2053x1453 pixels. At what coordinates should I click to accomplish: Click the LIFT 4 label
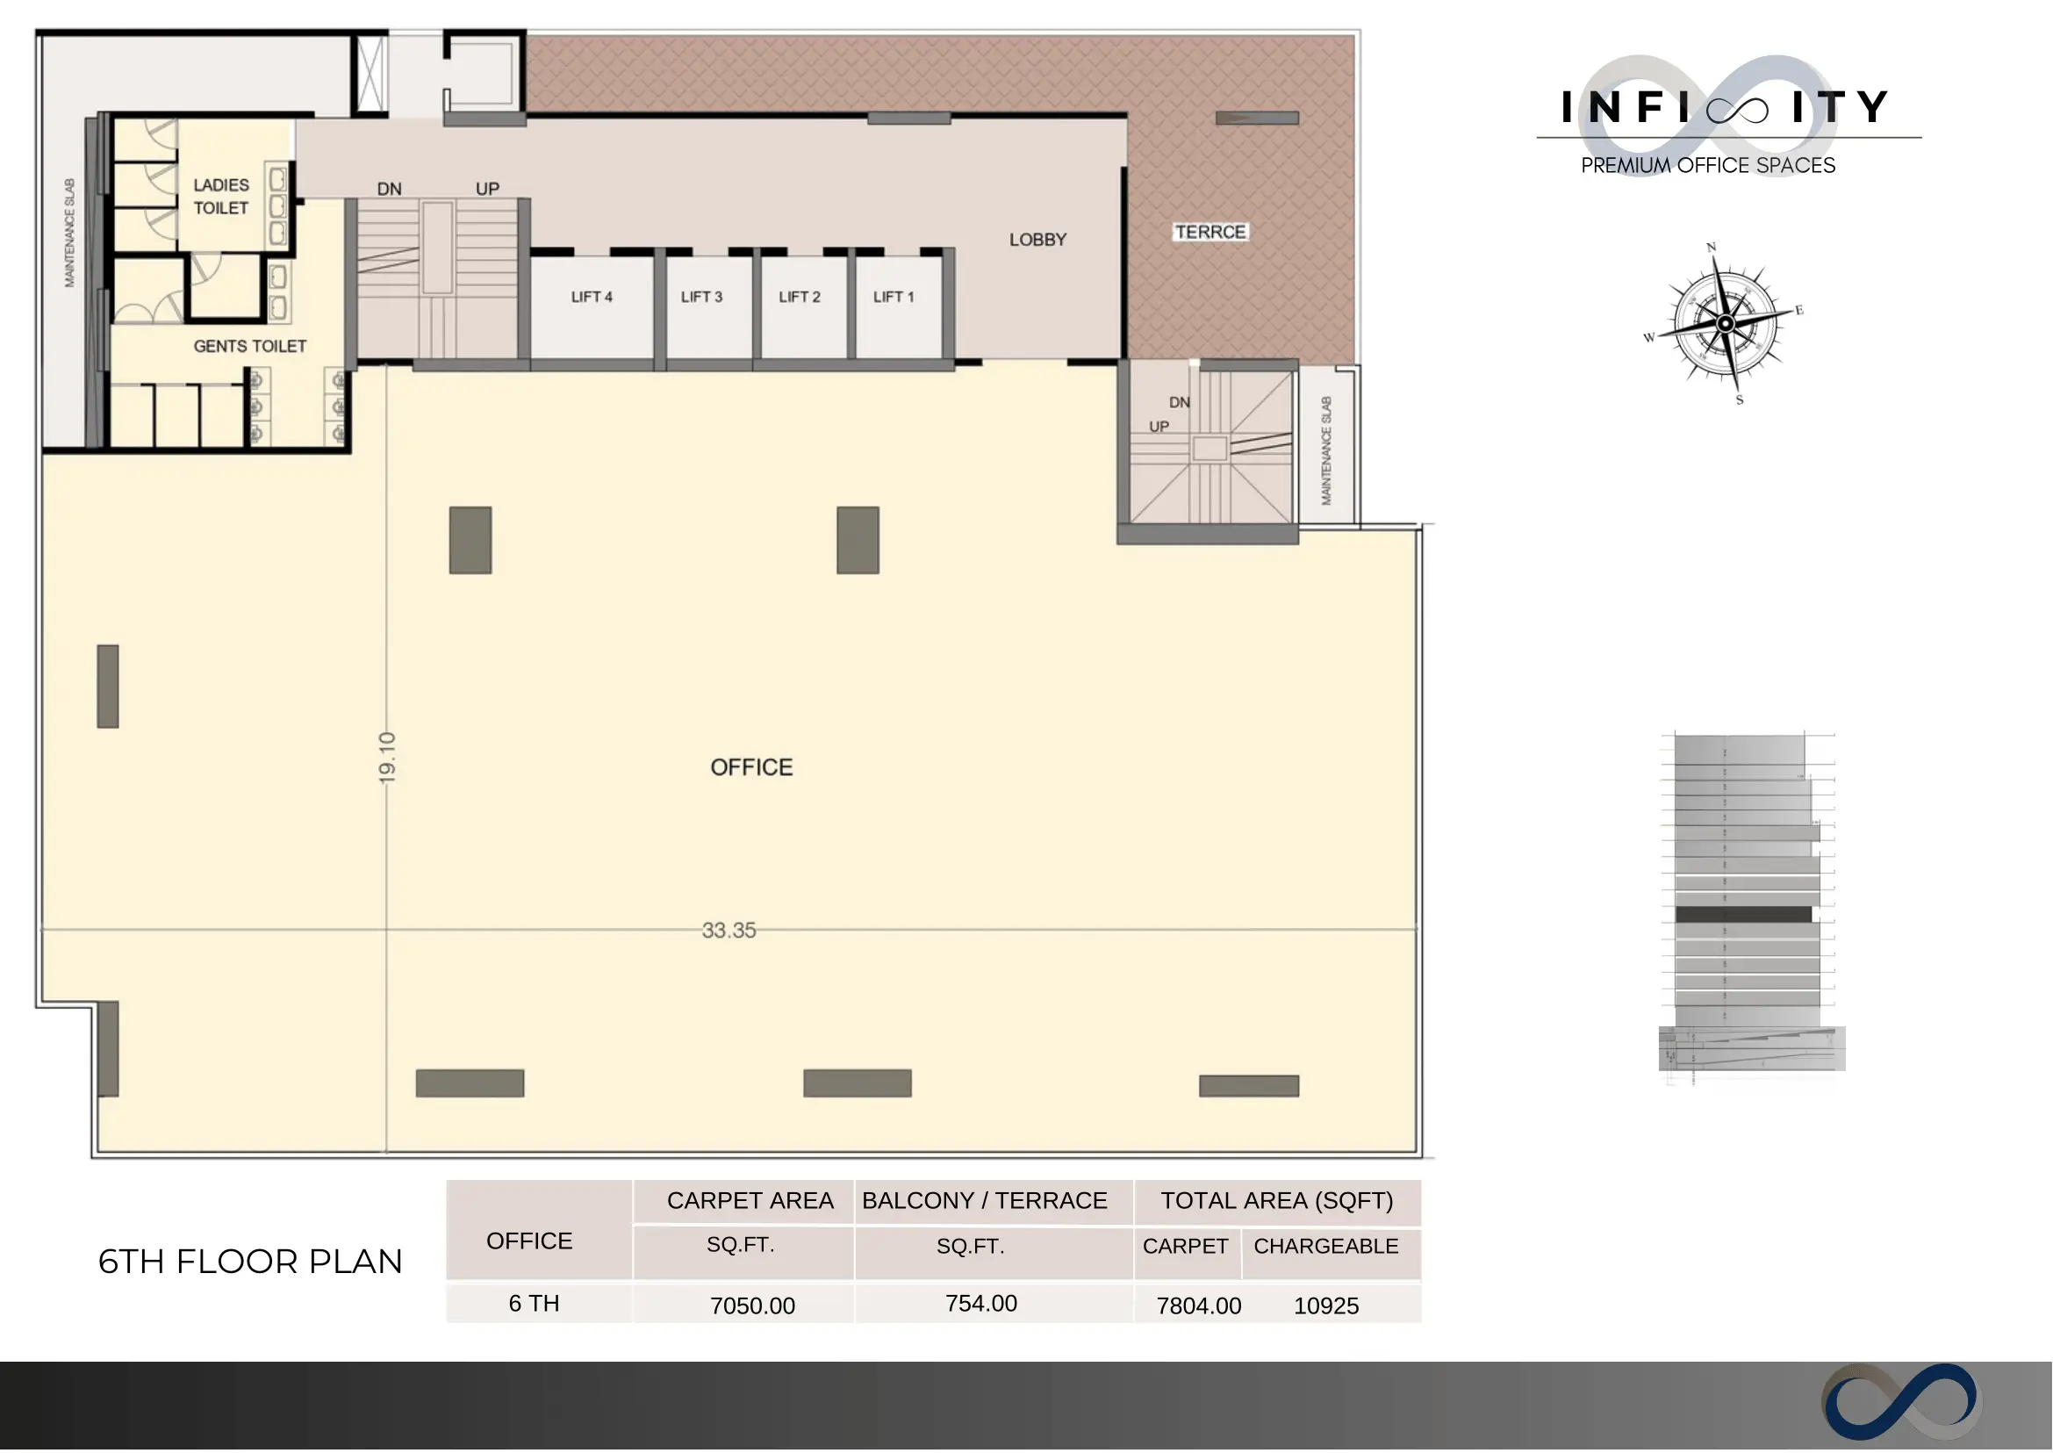(x=592, y=297)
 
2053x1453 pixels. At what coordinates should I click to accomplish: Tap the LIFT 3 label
(x=701, y=297)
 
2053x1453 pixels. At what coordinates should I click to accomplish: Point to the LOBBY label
(x=1037, y=240)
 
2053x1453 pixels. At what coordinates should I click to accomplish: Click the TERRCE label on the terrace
(x=1210, y=233)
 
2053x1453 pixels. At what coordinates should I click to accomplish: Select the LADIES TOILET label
(x=221, y=197)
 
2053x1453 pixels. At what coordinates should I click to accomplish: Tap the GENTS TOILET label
(x=250, y=346)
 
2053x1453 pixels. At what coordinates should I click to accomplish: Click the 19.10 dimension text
(x=386, y=759)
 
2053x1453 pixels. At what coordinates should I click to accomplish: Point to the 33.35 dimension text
(x=729, y=932)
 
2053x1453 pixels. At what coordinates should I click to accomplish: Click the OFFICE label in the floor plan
(x=751, y=767)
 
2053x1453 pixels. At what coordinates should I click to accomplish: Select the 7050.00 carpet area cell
(x=753, y=1306)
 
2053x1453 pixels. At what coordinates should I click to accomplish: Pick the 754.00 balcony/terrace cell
(x=981, y=1304)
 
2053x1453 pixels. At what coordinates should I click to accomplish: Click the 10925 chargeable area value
(x=1326, y=1306)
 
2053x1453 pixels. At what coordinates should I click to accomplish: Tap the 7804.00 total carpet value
(x=1199, y=1306)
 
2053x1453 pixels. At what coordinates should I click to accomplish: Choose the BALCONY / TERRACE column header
(x=985, y=1201)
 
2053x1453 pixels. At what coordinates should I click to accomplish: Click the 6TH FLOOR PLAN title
(x=250, y=1262)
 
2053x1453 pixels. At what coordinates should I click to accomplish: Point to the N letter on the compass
(x=1712, y=248)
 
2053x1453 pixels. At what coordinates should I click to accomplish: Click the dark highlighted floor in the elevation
(x=1743, y=916)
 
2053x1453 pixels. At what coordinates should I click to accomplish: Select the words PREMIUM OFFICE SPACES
(x=1709, y=166)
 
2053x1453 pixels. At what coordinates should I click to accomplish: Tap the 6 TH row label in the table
(x=534, y=1304)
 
